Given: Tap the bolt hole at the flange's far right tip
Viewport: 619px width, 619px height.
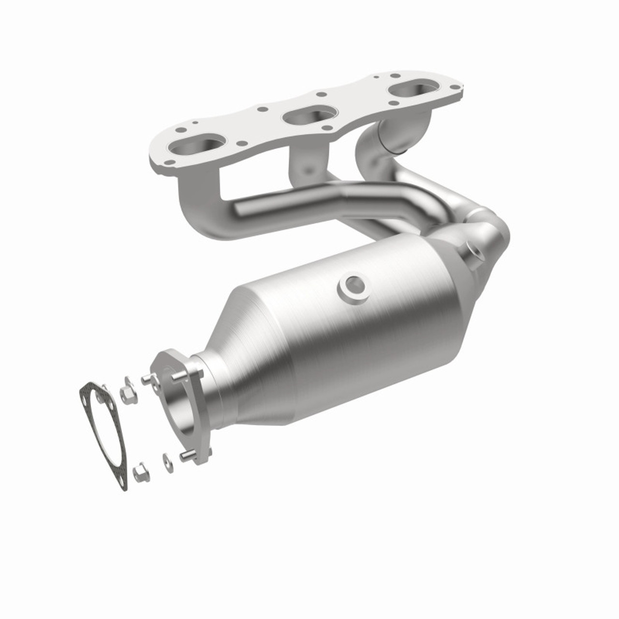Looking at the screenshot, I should pos(455,87).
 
